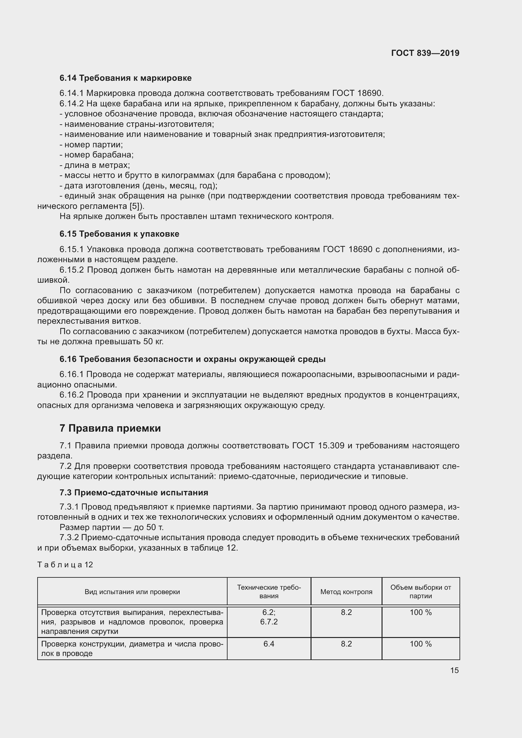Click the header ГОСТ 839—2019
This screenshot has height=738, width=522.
coord(425,53)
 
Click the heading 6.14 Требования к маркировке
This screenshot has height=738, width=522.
coord(125,78)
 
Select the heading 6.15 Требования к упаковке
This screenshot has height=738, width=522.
coord(119,234)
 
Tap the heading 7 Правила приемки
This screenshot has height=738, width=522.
coord(110,428)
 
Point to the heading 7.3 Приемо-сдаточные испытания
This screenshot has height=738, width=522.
coord(134,493)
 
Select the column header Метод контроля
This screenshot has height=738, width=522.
coord(346,592)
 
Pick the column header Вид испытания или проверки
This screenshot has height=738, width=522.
coord(132,592)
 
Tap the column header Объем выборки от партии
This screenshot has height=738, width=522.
coord(420,592)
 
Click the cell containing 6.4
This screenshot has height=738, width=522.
coord(269,644)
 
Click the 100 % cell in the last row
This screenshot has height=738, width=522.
coord(420,644)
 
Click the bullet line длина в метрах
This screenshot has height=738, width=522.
coord(94,165)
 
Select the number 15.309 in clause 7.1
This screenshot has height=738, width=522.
coord(331,446)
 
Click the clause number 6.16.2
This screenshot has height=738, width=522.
coord(72,395)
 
